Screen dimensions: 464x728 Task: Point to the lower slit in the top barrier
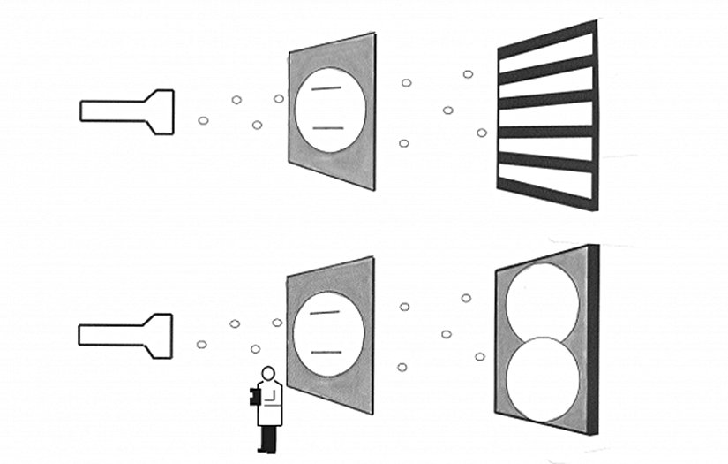point(327,128)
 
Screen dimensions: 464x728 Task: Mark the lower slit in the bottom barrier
point(327,352)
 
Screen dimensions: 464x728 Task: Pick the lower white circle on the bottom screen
point(542,380)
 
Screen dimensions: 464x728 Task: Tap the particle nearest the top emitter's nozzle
point(203,119)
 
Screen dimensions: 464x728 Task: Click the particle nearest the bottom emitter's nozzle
point(201,344)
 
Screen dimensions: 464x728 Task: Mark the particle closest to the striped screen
point(482,133)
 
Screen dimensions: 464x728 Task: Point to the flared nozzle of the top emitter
point(160,112)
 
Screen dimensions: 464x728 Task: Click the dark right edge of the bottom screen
point(593,340)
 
